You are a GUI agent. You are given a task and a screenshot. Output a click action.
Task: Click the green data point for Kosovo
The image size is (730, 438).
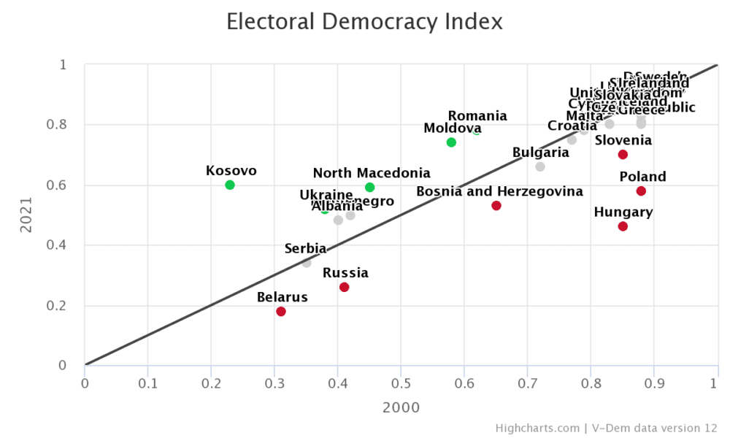coord(230,185)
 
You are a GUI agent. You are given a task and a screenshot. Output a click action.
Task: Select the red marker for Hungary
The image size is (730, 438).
coord(623,226)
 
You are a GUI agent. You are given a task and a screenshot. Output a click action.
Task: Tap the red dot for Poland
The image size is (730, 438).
coord(641,191)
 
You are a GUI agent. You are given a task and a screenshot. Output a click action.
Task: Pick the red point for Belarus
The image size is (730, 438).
coord(281,312)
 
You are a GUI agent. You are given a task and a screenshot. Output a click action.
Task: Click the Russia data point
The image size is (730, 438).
coord(344,287)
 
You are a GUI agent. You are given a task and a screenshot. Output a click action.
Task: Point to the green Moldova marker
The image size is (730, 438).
coord(451,142)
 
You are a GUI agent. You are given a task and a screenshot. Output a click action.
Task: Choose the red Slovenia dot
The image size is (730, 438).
coord(623,155)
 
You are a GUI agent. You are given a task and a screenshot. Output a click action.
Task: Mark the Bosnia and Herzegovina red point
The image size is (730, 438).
coord(496,206)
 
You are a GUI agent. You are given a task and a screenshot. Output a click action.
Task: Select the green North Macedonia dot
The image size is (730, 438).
coord(369,188)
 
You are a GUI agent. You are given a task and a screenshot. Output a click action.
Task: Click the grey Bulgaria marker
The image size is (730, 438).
coord(540,166)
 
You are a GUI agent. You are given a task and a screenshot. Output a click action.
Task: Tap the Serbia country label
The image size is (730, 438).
coord(305,249)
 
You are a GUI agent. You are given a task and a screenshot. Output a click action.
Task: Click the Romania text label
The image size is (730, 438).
coord(477,116)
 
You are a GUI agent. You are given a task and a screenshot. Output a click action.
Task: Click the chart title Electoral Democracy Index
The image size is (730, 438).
coord(364,22)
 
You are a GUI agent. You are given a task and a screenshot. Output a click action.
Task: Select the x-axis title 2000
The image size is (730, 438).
coord(401,407)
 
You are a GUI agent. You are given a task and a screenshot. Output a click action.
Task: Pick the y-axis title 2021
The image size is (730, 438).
coord(26,215)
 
